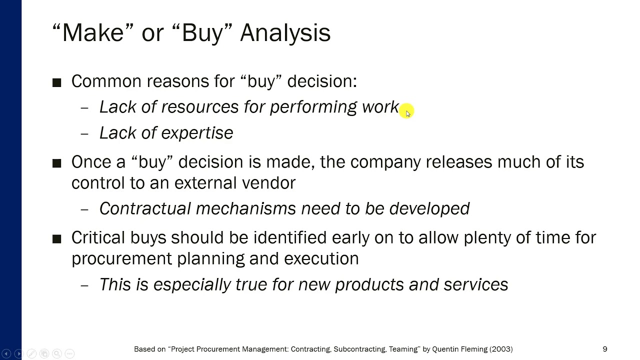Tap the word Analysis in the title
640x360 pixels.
point(285,33)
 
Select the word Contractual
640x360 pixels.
point(144,208)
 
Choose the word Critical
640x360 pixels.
point(98,237)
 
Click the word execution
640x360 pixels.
point(321,258)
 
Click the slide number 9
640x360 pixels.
point(604,349)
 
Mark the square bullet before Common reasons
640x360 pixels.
point(56,82)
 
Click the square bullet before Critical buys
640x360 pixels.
point(56,239)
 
